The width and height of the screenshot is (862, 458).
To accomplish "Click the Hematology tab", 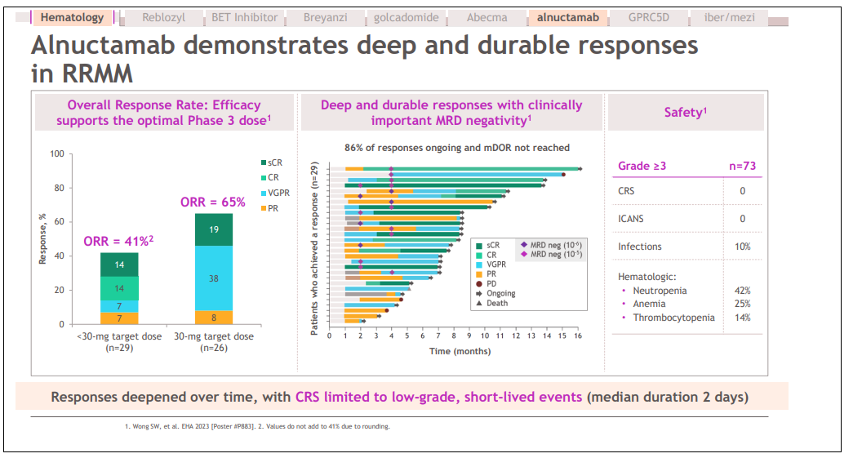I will (72, 17).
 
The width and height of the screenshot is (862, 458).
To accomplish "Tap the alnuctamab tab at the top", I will (567, 17).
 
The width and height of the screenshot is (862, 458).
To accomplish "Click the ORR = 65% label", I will (212, 202).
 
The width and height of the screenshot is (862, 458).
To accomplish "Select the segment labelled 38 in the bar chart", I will (213, 278).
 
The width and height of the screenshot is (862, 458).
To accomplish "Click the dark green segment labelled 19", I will (213, 230).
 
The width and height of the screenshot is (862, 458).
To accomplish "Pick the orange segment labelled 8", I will (213, 318).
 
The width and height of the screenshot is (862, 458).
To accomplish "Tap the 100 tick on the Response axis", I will (56, 154).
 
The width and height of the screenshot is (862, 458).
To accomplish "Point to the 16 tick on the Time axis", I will (577, 336).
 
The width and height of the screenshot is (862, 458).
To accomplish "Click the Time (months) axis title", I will (460, 351).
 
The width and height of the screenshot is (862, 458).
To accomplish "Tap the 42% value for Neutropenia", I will (742, 291).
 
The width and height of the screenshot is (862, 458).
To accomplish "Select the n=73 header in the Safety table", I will (742, 167).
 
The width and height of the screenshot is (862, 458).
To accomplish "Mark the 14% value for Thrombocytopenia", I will (742, 318).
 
